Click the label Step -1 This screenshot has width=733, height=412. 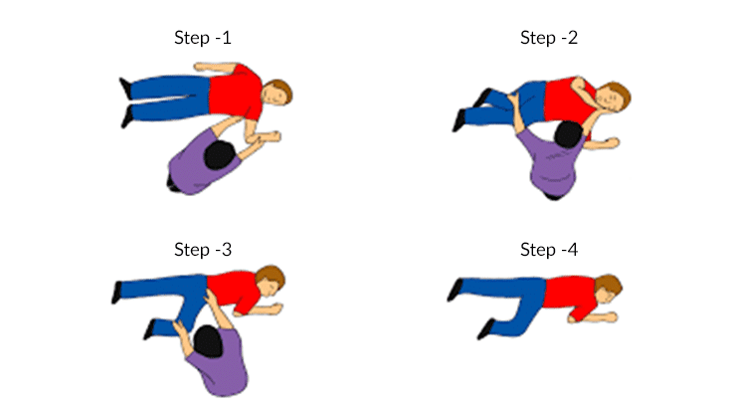click(203, 39)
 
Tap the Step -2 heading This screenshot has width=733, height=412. click(549, 39)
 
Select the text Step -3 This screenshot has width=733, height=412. click(203, 249)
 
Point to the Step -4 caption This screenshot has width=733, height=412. click(549, 249)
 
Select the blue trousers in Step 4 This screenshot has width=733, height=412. click(507, 294)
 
